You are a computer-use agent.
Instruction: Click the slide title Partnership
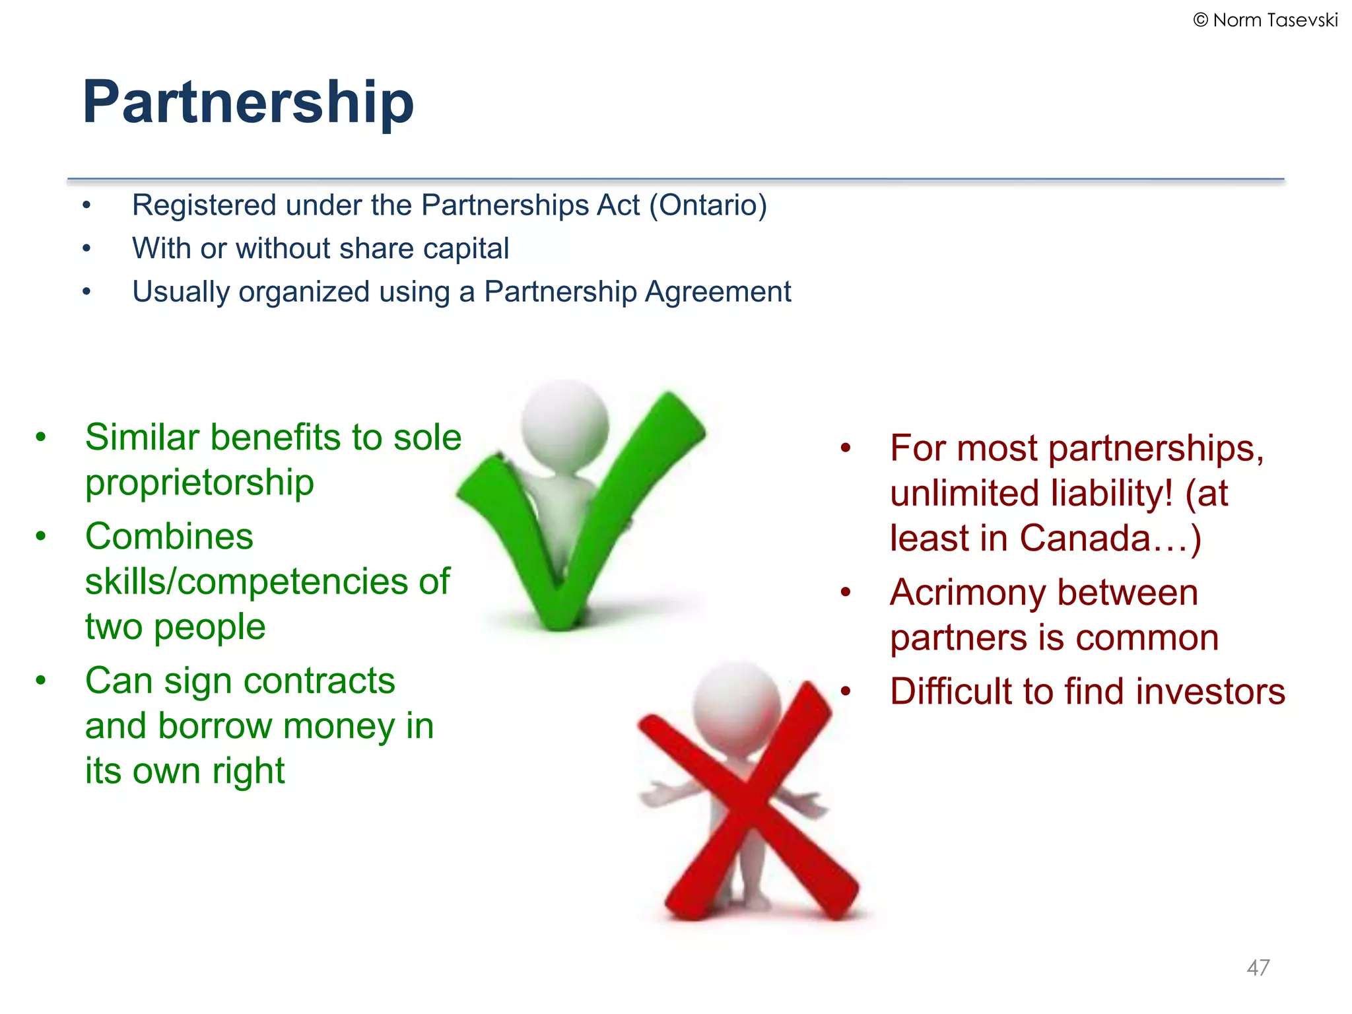click(248, 102)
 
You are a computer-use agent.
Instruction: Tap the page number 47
click(1258, 968)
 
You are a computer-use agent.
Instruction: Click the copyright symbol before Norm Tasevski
click(1201, 20)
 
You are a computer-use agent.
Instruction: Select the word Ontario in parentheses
click(708, 205)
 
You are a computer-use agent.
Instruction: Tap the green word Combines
click(169, 536)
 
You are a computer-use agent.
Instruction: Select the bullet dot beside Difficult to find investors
click(846, 692)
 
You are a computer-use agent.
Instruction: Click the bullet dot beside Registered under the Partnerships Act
click(86, 205)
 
